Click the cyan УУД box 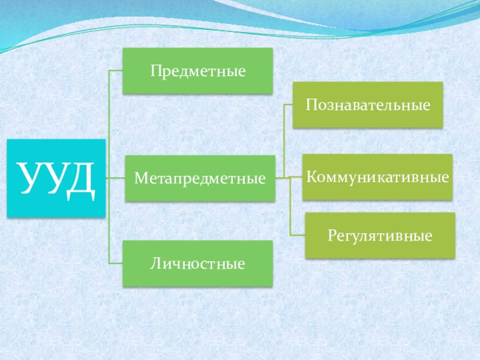click(56, 178)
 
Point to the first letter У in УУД click(29, 178)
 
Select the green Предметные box click(197, 71)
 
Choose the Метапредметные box click(200, 178)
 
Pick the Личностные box click(197, 263)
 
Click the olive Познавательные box click(368, 105)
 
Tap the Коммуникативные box click(377, 177)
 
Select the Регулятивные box click(380, 235)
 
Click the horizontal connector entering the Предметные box click(116, 71)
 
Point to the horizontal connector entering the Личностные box click(116, 263)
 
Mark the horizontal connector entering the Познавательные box click(288, 105)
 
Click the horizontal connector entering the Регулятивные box click(298, 235)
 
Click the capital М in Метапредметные click(140, 178)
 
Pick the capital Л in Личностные click(155, 263)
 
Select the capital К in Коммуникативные click(311, 177)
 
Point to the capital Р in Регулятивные click(331, 235)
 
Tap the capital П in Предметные click(155, 71)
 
